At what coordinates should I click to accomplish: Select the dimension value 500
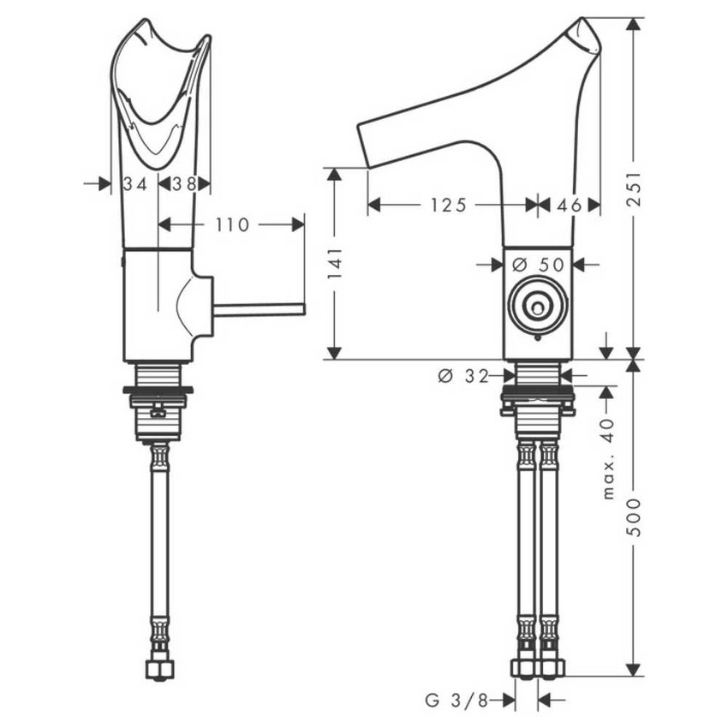[x=635, y=518]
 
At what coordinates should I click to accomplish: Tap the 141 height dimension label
[x=336, y=263]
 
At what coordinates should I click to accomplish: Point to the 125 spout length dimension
[x=449, y=205]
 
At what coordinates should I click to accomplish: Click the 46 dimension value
[x=570, y=205]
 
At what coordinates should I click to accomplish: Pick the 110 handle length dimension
[x=232, y=224]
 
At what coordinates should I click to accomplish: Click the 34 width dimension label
[x=135, y=183]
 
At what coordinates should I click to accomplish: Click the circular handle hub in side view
[x=538, y=306]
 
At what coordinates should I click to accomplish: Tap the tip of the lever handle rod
[x=301, y=309]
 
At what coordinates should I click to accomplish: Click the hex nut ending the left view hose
[x=159, y=668]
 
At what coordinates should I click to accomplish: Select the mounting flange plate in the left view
[x=158, y=391]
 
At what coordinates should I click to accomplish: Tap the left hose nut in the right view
[x=524, y=668]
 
